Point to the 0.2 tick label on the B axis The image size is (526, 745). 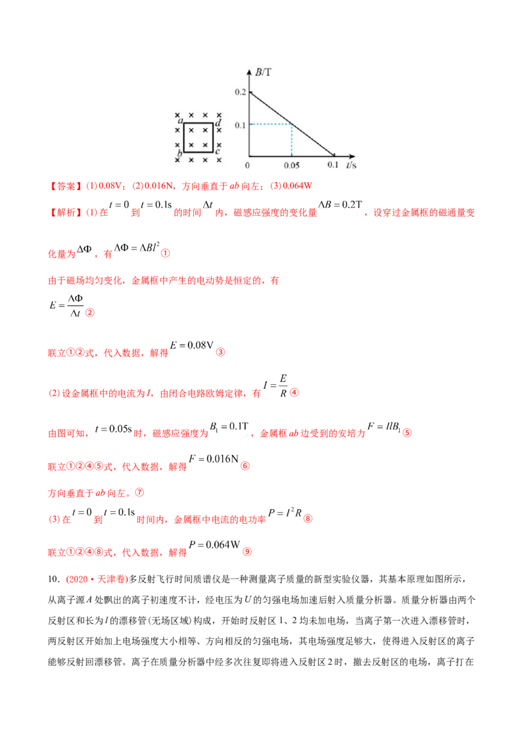pyautogui.click(x=239, y=92)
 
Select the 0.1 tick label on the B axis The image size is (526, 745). pyautogui.click(x=239, y=124)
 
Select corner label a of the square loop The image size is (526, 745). pyautogui.click(x=179, y=121)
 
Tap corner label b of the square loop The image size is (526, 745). pyautogui.click(x=179, y=155)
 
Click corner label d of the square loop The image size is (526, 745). pyautogui.click(x=218, y=123)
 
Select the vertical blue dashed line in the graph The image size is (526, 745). pyautogui.click(x=291, y=140)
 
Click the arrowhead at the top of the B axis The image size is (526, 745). pyautogui.click(x=249, y=68)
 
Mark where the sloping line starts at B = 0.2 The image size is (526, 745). pyautogui.click(x=250, y=92)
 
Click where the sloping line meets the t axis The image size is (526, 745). pyautogui.click(x=333, y=157)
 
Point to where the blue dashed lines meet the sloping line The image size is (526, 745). pyautogui.click(x=291, y=124)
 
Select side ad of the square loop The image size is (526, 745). pyautogui.click(x=198, y=123)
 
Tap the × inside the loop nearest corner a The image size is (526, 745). pyautogui.click(x=191, y=130)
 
